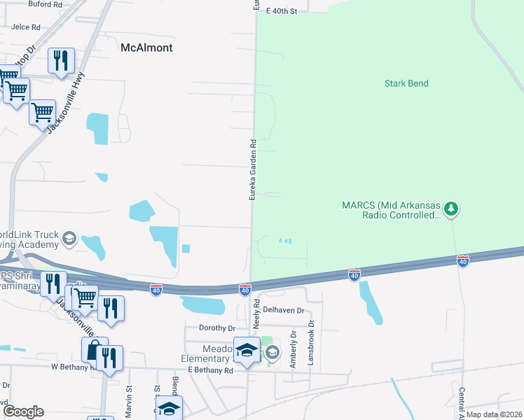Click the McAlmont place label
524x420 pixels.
pos(146,48)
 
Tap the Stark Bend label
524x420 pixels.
pos(406,83)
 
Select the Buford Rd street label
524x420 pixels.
pos(46,3)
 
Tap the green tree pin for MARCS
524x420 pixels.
pos(452,208)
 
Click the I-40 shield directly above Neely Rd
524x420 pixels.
pos(244,289)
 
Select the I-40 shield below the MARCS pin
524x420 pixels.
pos(463,260)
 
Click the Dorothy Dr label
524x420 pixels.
pos(217,328)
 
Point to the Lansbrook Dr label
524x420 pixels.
pos(312,335)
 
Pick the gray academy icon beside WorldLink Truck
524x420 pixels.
pos(69,238)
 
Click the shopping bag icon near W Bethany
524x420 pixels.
pos(94,349)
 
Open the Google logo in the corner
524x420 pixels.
pos(22,412)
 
